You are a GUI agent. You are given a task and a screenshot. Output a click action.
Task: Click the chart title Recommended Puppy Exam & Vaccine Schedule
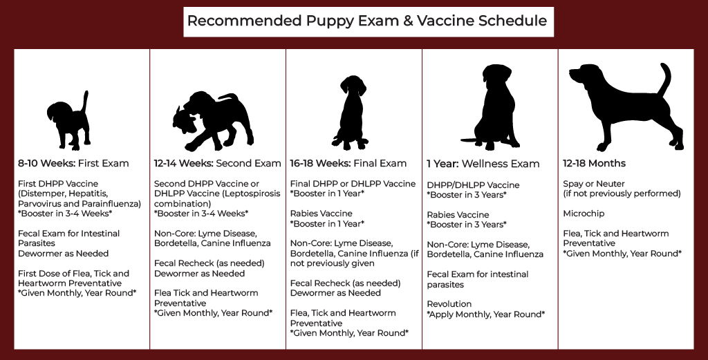coord(367,21)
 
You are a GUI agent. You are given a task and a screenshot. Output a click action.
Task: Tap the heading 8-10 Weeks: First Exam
coord(73,164)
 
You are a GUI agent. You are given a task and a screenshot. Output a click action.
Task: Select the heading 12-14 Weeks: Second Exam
coord(217,164)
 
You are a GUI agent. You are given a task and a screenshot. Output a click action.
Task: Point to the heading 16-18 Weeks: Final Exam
coord(348,164)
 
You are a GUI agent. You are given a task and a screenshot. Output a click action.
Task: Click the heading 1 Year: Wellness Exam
coord(483,164)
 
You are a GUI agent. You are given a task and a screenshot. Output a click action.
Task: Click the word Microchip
coord(584,214)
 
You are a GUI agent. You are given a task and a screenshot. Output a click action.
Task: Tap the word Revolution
coord(449,304)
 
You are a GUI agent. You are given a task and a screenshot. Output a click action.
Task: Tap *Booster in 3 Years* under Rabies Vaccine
coord(467,225)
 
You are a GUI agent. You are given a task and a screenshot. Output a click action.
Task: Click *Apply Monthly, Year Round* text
coord(485,314)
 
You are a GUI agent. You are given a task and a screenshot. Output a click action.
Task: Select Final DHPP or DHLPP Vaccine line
coord(353,184)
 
